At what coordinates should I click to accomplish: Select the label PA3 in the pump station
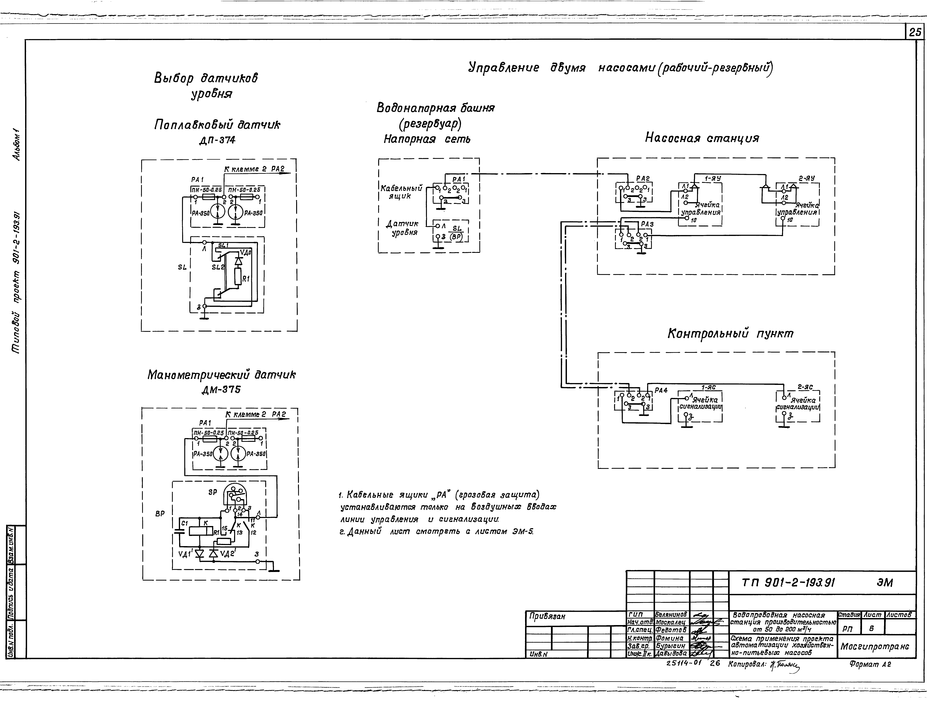pos(647,224)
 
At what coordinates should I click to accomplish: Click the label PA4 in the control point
pos(661,390)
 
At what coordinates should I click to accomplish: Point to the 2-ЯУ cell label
pos(806,178)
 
